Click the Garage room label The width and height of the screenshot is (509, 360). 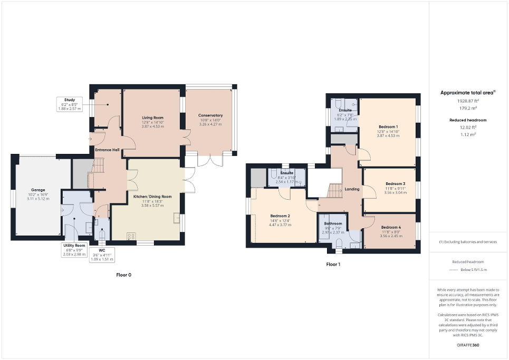(x=37, y=190)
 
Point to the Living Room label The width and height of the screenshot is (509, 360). (x=152, y=118)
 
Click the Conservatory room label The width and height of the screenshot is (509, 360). (x=210, y=115)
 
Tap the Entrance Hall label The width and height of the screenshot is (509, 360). (x=107, y=150)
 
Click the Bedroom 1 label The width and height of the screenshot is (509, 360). (x=388, y=127)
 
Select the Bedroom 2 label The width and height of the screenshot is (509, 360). (x=280, y=216)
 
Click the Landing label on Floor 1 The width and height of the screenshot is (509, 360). (x=352, y=189)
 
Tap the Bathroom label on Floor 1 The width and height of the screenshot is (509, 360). (x=333, y=224)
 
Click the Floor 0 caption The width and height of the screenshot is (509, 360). (x=123, y=275)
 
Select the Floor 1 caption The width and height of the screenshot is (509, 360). (x=333, y=264)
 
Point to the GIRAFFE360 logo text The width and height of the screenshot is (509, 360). (x=468, y=345)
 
